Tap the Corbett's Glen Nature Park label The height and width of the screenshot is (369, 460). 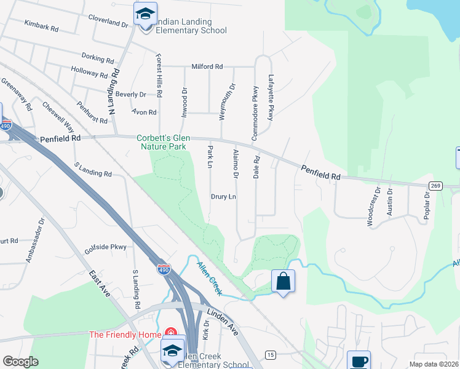pyautogui.click(x=169, y=143)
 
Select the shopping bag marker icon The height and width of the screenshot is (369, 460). pyautogui.click(x=283, y=281)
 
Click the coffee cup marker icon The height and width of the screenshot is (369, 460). pyautogui.click(x=359, y=361)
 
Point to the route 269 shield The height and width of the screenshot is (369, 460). pyautogui.click(x=436, y=185)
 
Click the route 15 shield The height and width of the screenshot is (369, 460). pyautogui.click(x=270, y=355)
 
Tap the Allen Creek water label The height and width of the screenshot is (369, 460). pyautogui.click(x=210, y=278)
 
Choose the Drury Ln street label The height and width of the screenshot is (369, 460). pyautogui.click(x=224, y=197)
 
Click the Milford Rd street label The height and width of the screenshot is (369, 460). pyautogui.click(x=207, y=66)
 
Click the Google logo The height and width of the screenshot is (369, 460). pyautogui.click(x=20, y=362)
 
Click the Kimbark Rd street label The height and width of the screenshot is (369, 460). pyautogui.click(x=41, y=28)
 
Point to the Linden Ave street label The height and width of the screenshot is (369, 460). pyautogui.click(x=223, y=322)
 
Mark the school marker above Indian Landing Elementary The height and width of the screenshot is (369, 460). pyautogui.click(x=145, y=13)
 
